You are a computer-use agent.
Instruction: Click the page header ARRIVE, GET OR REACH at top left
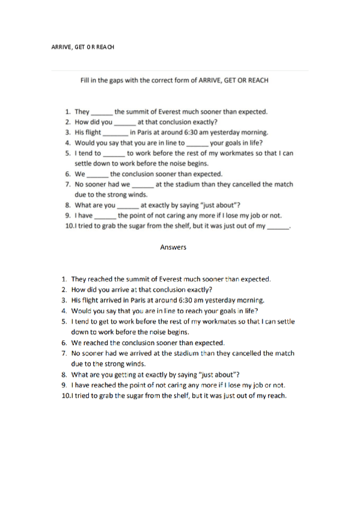[82, 46]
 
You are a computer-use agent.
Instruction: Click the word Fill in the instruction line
[87, 79]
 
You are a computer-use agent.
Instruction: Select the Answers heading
[174, 247]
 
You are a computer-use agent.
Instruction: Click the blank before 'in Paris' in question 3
[115, 132]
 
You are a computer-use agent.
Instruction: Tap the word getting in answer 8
[130, 374]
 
